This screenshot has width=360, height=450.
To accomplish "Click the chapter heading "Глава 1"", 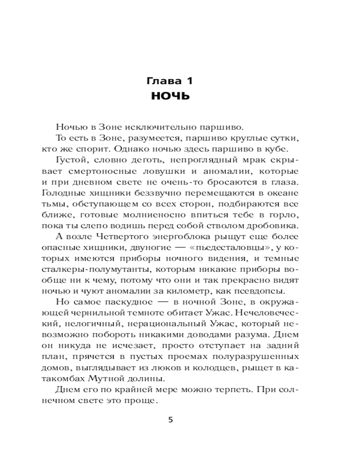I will [170, 81].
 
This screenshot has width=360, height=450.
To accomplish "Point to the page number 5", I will [170, 420].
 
